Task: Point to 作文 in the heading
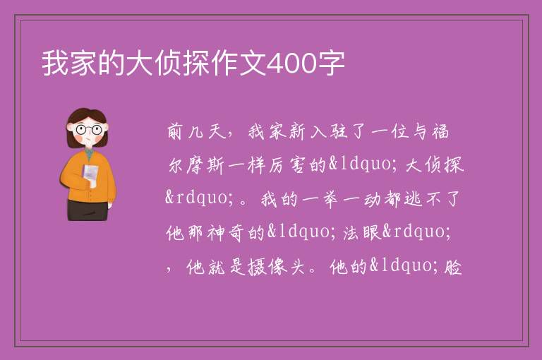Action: click(239, 64)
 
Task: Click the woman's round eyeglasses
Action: click(89, 129)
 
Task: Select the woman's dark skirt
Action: click(88, 210)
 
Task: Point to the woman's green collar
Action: click(90, 154)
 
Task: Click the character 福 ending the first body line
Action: click(440, 131)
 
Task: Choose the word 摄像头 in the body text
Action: click(276, 267)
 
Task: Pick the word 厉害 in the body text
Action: click(287, 165)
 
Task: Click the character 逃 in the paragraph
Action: click(413, 199)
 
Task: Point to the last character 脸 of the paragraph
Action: click(453, 267)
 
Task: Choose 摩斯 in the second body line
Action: click(205, 165)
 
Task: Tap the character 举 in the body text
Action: click(330, 199)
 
